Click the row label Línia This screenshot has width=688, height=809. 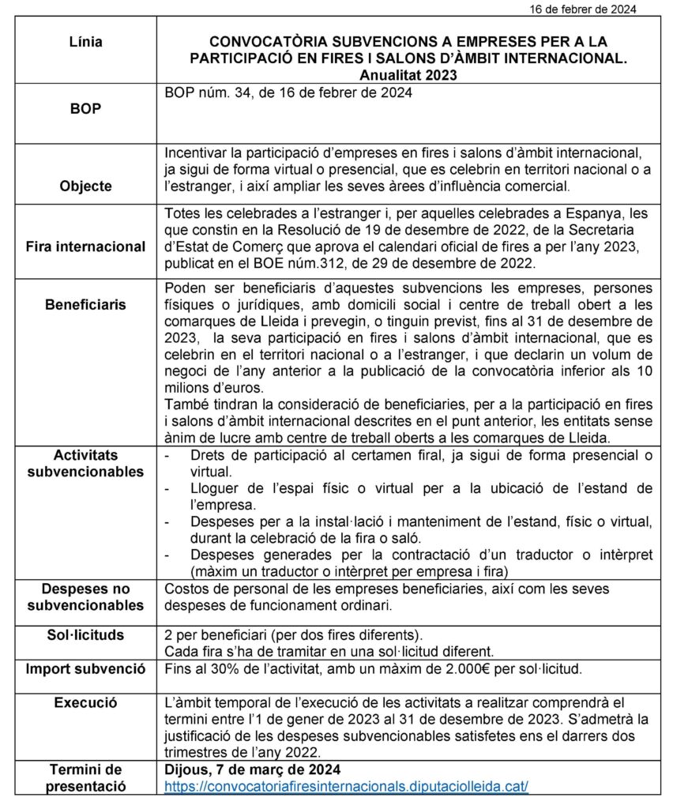(x=85, y=42)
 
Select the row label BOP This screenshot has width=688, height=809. (x=85, y=109)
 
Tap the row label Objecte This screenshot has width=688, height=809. (x=85, y=187)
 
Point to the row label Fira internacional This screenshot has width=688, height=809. (x=85, y=246)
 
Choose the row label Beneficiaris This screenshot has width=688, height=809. (x=85, y=305)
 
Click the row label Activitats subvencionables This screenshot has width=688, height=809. (x=85, y=464)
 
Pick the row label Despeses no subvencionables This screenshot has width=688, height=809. (x=85, y=597)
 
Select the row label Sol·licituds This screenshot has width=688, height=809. (x=85, y=635)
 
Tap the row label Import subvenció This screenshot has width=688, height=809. (x=85, y=669)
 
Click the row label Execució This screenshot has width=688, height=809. (x=85, y=702)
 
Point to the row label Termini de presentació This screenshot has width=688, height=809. (x=85, y=777)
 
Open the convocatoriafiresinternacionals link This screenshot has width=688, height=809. (x=346, y=787)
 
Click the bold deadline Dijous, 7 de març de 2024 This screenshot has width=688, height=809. (x=253, y=769)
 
